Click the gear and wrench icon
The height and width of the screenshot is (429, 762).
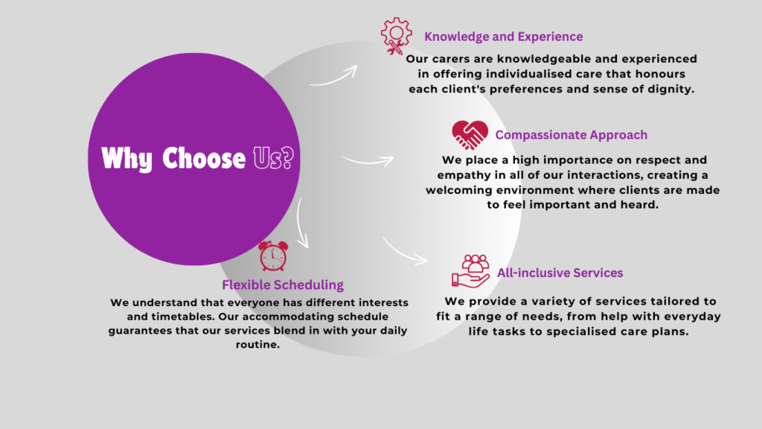click(396, 36)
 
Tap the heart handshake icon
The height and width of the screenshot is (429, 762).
click(470, 135)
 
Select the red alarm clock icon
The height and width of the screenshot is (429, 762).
click(273, 256)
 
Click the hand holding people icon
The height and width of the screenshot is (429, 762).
click(470, 271)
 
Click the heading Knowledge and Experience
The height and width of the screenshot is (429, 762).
click(504, 36)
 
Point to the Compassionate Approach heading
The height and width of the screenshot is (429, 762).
click(571, 135)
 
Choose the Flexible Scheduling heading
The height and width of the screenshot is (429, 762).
click(283, 285)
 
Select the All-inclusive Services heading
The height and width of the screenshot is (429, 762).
click(560, 273)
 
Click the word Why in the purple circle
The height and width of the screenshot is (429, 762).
click(127, 159)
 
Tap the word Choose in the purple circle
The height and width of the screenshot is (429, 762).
click(204, 159)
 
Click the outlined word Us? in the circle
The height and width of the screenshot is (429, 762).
click(274, 158)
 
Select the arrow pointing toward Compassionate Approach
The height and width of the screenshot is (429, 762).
click(368, 161)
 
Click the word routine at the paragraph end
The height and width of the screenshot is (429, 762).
click(257, 344)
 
